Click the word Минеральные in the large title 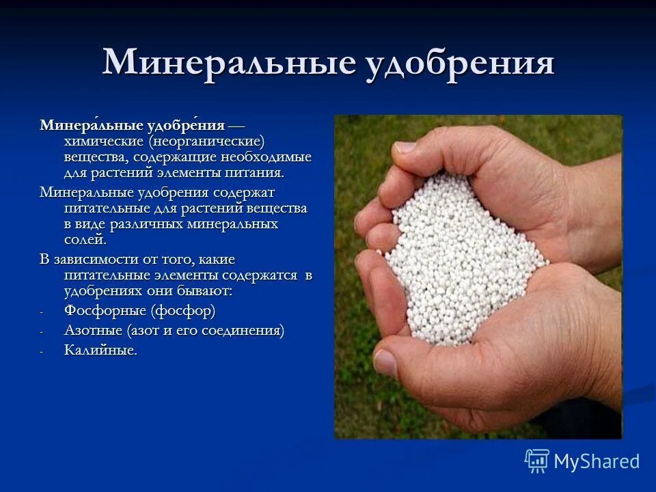click(229, 62)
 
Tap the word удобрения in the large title click(459, 64)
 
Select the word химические click(100, 141)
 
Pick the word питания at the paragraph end click(256, 173)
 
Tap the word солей click(85, 240)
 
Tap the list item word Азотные click(93, 331)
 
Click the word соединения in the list click(243, 331)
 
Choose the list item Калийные click(100, 351)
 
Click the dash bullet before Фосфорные click(42, 313)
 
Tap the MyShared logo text click(597, 461)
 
